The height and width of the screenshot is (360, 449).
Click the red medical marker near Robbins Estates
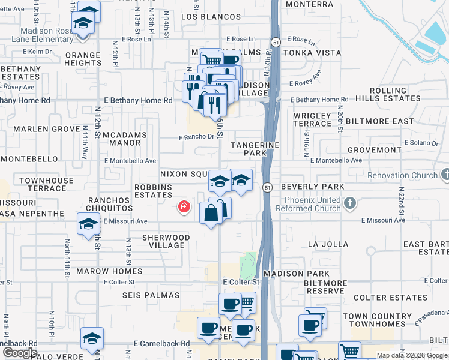184,208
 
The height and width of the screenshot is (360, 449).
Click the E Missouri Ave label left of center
125,221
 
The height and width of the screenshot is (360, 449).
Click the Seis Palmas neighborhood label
151,295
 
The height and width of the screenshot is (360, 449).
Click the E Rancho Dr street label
197,137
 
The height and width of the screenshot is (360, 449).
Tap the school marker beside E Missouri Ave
88,224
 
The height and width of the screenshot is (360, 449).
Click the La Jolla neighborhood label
328,244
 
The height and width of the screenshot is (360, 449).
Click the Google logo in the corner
20,353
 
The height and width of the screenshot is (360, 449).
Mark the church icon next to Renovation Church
445,175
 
